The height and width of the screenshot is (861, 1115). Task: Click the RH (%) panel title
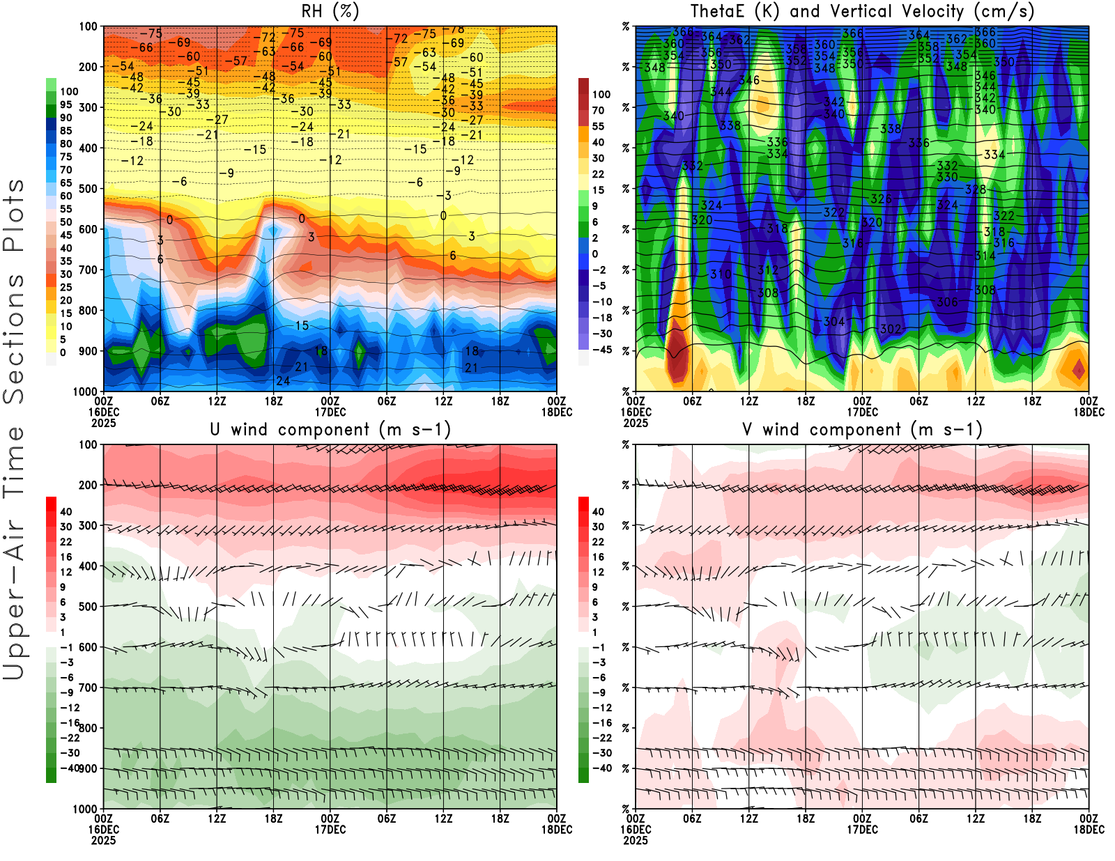point(330,11)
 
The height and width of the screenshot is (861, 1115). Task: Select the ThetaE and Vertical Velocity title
point(862,11)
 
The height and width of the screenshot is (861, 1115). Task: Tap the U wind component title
point(330,429)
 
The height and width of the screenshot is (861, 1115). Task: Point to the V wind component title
point(862,429)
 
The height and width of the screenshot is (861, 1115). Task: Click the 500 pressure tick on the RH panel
point(88,189)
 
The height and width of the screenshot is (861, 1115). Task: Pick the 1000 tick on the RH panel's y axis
point(85,391)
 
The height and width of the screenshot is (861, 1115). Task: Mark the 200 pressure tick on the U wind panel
point(88,485)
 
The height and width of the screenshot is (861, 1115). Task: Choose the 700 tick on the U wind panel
point(88,688)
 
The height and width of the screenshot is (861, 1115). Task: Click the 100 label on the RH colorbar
point(69,91)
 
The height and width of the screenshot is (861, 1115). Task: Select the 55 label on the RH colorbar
point(66,209)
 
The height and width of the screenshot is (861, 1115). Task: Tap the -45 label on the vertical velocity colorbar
point(601,350)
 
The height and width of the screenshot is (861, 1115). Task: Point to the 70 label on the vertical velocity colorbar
point(598,110)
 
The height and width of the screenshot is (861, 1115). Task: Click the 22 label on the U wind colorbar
point(66,542)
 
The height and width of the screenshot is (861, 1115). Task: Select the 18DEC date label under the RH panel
point(557,412)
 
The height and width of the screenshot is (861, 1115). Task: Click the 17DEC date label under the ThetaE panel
point(862,412)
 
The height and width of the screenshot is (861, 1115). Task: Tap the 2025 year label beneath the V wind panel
point(636,840)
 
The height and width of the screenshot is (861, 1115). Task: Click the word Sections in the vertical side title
point(14,337)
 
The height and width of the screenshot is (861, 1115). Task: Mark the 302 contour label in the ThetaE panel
point(891,329)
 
